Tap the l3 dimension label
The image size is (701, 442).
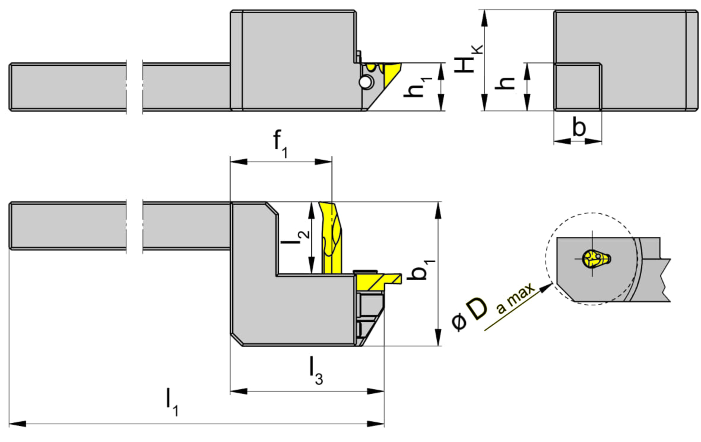(315, 370)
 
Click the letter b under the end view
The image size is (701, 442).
(579, 127)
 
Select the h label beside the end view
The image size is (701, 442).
(505, 83)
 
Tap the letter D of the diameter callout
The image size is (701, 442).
(477, 309)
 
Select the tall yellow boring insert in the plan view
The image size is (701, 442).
(332, 238)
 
